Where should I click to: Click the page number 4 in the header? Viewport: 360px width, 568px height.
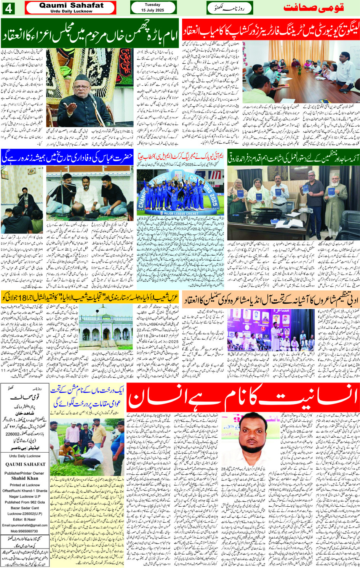coord(8,8)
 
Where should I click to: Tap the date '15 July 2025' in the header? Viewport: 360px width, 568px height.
coord(152,10)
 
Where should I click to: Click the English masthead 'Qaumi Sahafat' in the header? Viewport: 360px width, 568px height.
coord(71,5)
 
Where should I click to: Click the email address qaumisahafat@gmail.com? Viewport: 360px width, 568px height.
coord(25,525)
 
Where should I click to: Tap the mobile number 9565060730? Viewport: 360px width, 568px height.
coord(25,531)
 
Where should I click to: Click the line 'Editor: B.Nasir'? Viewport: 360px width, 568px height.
coord(25,519)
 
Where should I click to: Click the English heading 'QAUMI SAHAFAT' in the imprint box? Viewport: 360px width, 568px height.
coord(25,464)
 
